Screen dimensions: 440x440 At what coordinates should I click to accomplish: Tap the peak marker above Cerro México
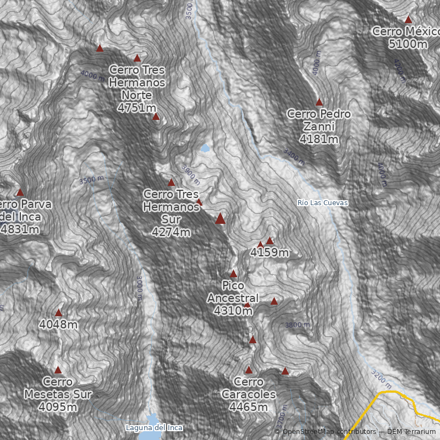(408, 19)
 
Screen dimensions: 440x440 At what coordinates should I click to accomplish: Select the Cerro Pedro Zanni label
(319, 127)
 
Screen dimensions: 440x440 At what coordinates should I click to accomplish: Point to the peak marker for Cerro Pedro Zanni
(319, 102)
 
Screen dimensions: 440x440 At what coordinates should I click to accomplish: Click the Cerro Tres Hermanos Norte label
(137, 89)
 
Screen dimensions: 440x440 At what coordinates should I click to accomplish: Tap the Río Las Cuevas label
(322, 203)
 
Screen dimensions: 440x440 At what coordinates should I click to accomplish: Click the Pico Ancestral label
(233, 298)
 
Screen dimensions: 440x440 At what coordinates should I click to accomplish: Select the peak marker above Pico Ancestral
(233, 273)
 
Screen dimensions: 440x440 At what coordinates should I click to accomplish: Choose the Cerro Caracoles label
(248, 394)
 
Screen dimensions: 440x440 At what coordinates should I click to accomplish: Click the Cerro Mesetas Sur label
(58, 394)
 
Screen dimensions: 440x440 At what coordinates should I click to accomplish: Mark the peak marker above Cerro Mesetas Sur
(58, 370)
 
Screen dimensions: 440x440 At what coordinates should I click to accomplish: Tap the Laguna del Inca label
(153, 427)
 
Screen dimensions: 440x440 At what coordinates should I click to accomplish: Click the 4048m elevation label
(58, 324)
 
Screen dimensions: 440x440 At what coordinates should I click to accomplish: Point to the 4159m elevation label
(269, 253)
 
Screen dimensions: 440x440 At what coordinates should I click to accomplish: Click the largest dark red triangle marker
(221, 219)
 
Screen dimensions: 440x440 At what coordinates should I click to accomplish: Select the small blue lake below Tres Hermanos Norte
(205, 148)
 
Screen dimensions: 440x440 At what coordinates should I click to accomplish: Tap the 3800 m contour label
(297, 325)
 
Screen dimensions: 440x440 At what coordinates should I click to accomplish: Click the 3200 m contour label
(382, 376)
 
